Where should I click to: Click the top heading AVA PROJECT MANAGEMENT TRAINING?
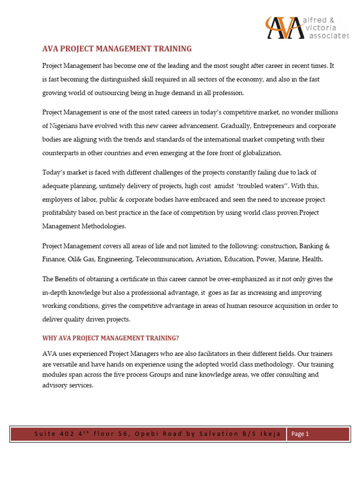point(117,49)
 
